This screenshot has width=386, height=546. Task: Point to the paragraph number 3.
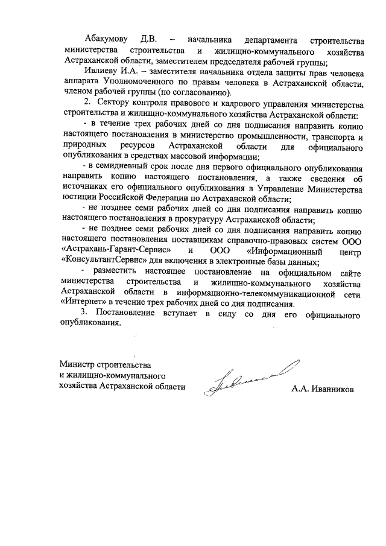pos(84,314)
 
